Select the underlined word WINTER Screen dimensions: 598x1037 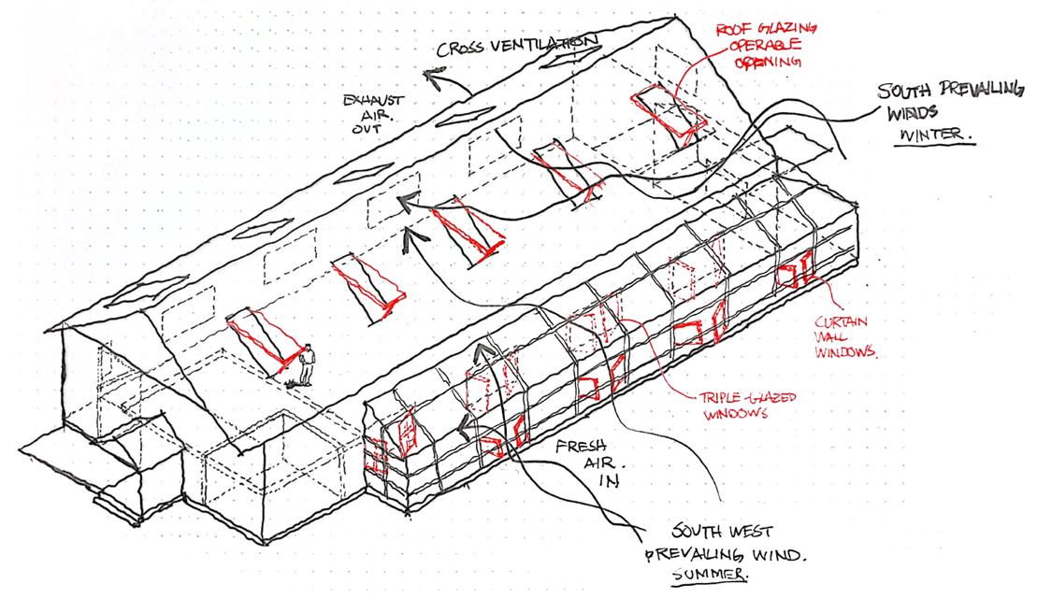point(935,133)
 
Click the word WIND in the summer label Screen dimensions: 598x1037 point(779,555)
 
